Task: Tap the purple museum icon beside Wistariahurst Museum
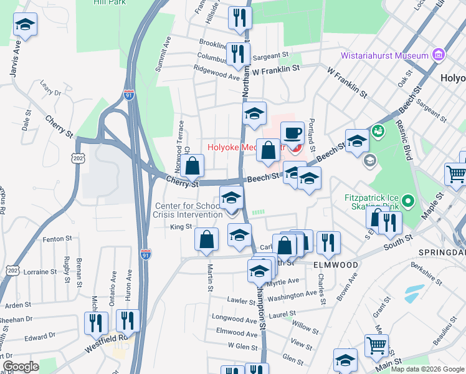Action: point(438,54)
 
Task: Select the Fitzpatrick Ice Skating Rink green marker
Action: point(408,201)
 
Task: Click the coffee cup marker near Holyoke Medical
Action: point(292,133)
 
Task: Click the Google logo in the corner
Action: point(20,367)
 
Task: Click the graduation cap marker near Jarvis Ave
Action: point(26,26)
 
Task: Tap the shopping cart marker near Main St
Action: point(376,346)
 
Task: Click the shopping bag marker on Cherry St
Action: point(193,166)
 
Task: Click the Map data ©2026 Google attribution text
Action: point(427,369)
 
